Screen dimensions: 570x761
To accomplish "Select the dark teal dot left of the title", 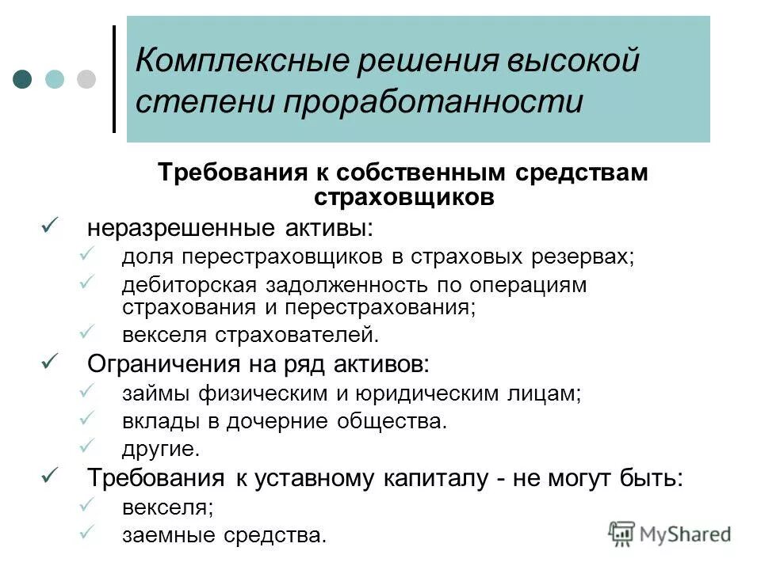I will pyautogui.click(x=23, y=79).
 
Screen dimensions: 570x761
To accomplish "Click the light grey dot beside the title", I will pyautogui.click(x=86, y=79).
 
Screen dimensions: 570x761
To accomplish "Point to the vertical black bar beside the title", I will pyautogui.click(x=114, y=79).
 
